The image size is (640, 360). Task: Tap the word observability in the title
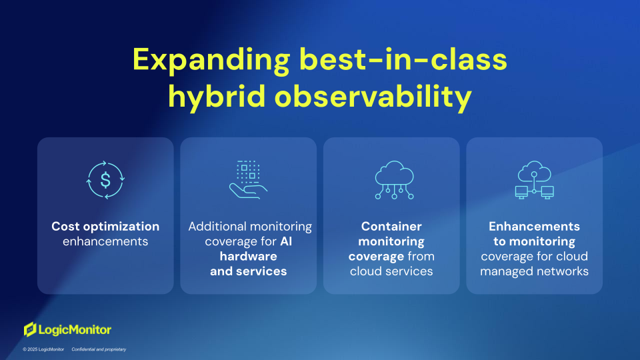[x=373, y=97]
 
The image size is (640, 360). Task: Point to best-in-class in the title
[x=403, y=59]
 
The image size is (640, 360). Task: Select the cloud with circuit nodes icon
[x=394, y=179]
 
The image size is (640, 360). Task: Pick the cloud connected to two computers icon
[x=534, y=179]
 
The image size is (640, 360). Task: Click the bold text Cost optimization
[x=105, y=227]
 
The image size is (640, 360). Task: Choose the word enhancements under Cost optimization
[x=105, y=241]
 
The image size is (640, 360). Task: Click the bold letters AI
[x=286, y=241]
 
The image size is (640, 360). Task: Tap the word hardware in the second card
[x=248, y=256]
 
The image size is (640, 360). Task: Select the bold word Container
[x=391, y=226]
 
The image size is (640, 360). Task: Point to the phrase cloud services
[x=391, y=271]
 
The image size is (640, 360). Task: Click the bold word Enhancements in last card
[x=534, y=226]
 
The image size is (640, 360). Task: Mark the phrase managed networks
[x=534, y=271]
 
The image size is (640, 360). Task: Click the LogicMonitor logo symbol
[x=30, y=329]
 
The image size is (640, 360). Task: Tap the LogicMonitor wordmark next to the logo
[x=75, y=330]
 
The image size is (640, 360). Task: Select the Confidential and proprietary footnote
[x=99, y=349]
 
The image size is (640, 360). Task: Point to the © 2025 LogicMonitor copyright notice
[x=43, y=349]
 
